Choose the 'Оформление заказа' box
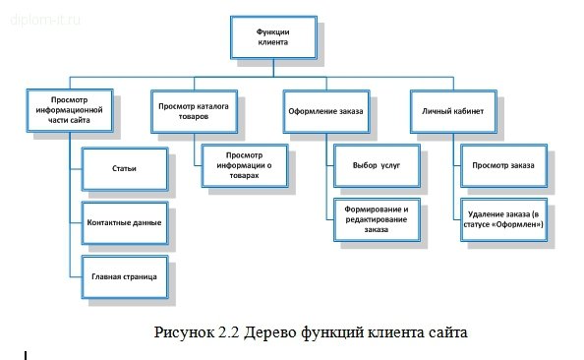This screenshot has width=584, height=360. (325, 112)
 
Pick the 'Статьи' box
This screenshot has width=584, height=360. (124, 168)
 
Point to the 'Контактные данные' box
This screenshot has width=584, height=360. (124, 222)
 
